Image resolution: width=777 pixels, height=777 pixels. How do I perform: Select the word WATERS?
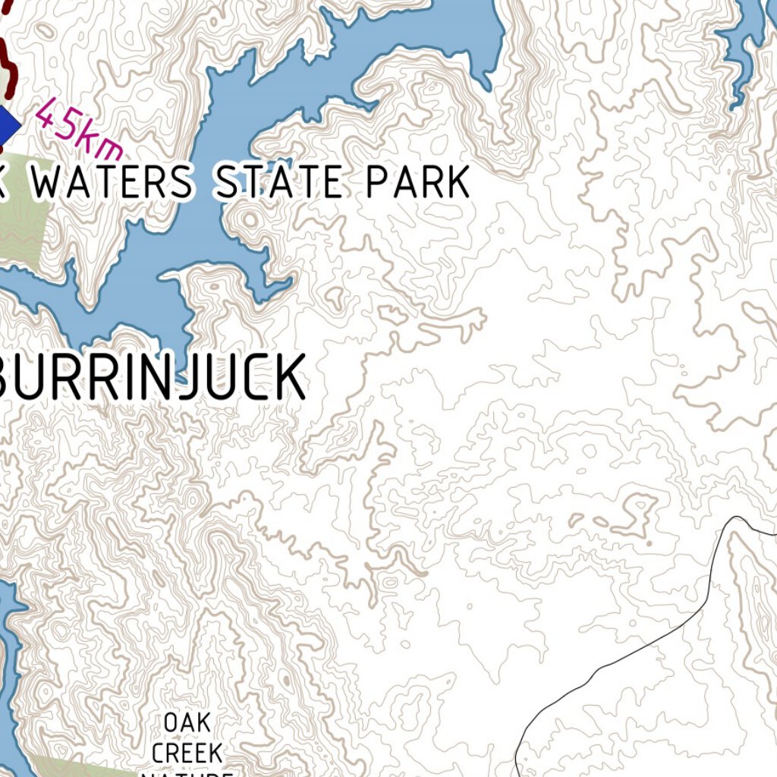click(x=114, y=184)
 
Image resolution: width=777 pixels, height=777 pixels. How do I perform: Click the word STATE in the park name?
click(x=278, y=184)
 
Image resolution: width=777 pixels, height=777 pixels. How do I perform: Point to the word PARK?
click(x=418, y=184)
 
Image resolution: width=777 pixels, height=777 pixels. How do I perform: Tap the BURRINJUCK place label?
click(x=152, y=378)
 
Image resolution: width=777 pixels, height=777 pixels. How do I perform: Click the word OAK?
click(x=187, y=722)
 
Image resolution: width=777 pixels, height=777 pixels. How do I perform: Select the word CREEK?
click(x=187, y=753)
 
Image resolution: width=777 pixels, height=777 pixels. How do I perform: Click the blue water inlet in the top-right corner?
click(x=747, y=46)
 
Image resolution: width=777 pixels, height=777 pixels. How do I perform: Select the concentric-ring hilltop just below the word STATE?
click(x=248, y=220)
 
